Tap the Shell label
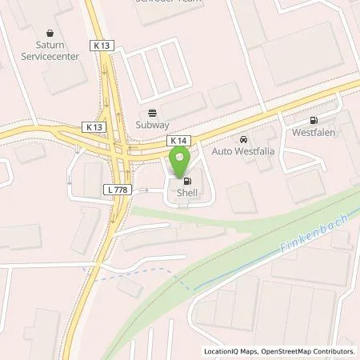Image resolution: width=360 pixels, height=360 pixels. coord(177,191)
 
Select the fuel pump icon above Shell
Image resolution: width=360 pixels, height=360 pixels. coord(177,180)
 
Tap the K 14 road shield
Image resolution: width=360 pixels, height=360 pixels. coord(178,140)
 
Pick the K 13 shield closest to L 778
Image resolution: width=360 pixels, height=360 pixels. coord(93,126)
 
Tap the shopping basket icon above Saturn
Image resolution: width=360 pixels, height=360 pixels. coord(51,34)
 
